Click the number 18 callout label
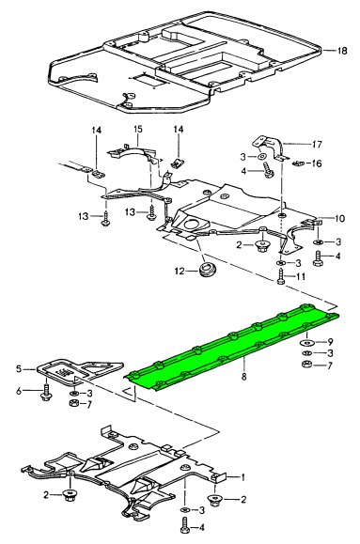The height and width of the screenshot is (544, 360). tap(342, 51)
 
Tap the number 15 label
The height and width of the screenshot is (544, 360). tap(137, 130)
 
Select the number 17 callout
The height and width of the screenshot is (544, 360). tap(317, 144)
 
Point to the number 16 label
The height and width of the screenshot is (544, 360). tap(317, 163)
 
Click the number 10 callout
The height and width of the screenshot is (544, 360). tap(340, 219)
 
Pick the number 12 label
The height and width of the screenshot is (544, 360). tap(180, 271)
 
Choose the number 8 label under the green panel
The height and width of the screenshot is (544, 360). tap(243, 376)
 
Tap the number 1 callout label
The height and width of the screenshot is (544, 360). tap(243, 477)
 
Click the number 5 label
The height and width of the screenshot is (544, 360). tap(19, 368)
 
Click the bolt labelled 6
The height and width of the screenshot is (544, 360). tap(46, 393)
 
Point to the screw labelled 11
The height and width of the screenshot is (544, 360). tap(281, 278)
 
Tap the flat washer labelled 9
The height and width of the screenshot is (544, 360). tap(306, 343)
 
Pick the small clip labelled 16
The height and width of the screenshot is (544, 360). tap(299, 163)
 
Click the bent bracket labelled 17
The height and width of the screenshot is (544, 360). tap(271, 148)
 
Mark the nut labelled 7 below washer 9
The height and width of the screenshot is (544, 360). tap(306, 365)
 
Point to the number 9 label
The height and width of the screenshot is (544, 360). tap(330, 342)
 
